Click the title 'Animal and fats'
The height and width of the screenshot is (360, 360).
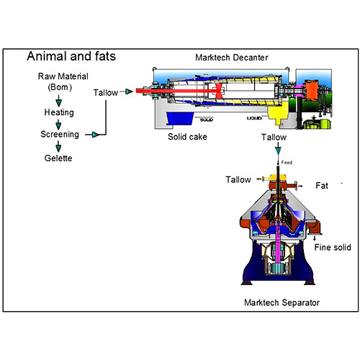[x=71, y=57]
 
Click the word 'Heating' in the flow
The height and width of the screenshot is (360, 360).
[x=58, y=113]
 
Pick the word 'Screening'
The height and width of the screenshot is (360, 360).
[x=60, y=135]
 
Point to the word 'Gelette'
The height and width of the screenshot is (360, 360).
[x=58, y=158]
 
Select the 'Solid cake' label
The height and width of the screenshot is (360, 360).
[x=189, y=136]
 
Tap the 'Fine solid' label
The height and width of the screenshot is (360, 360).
[x=333, y=248]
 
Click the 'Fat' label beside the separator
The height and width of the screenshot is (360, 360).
[x=322, y=185]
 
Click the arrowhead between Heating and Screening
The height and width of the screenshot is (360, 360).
[x=58, y=124]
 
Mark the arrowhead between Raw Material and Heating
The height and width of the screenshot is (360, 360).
[x=58, y=102]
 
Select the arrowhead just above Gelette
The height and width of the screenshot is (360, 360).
[x=58, y=147]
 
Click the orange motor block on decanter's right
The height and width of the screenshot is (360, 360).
[x=312, y=91]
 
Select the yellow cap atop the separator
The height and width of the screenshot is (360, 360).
[x=276, y=177]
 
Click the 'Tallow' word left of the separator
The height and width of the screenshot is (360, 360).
[x=239, y=179]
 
